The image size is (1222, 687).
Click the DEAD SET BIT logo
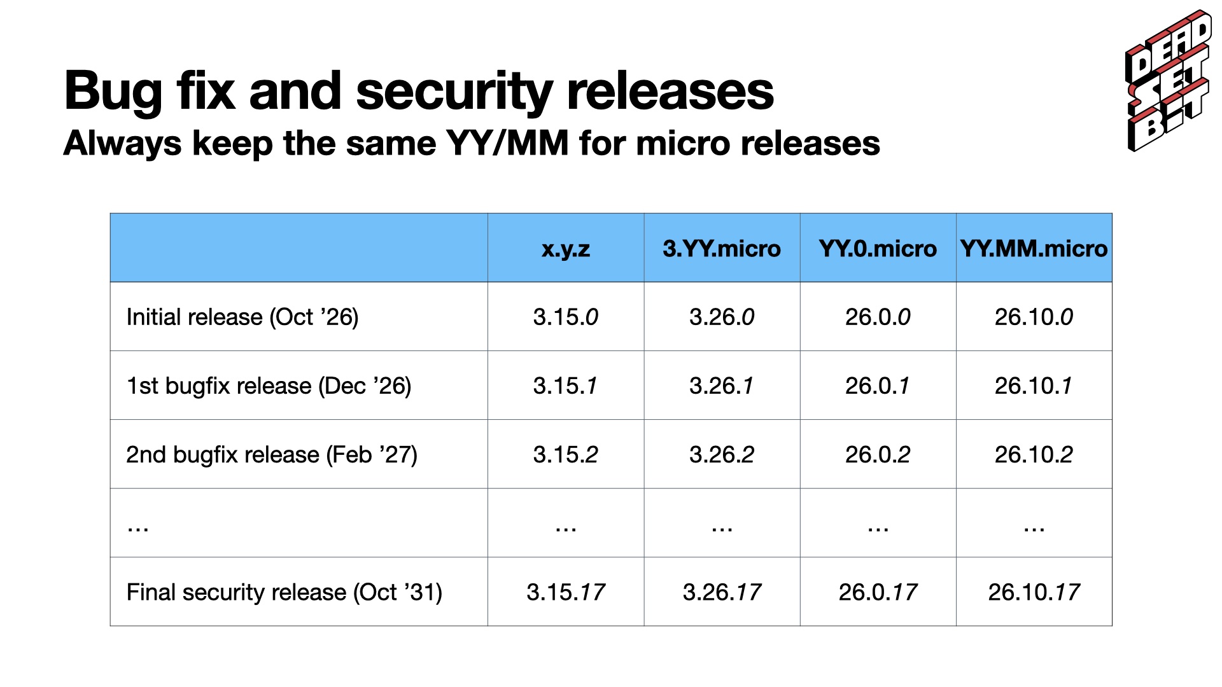click(1169, 81)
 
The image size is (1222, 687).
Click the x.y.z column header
click(566, 248)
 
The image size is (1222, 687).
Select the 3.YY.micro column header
click(722, 248)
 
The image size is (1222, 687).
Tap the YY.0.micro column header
click(878, 248)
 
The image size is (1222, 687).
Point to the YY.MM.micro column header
click(1034, 248)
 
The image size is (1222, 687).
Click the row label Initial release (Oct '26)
click(242, 317)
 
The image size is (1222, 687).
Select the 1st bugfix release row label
click(269, 385)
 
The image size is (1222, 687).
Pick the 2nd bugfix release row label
click(272, 454)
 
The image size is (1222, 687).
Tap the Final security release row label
click(284, 592)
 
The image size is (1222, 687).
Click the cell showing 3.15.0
click(566, 317)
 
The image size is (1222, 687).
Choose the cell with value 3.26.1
click(722, 385)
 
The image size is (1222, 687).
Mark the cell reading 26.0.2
click(878, 454)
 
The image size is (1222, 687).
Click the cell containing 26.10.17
click(1034, 592)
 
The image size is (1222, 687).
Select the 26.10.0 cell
click(1034, 317)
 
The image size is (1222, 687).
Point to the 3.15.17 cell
click(566, 592)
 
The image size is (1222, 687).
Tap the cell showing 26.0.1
click(878, 385)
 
